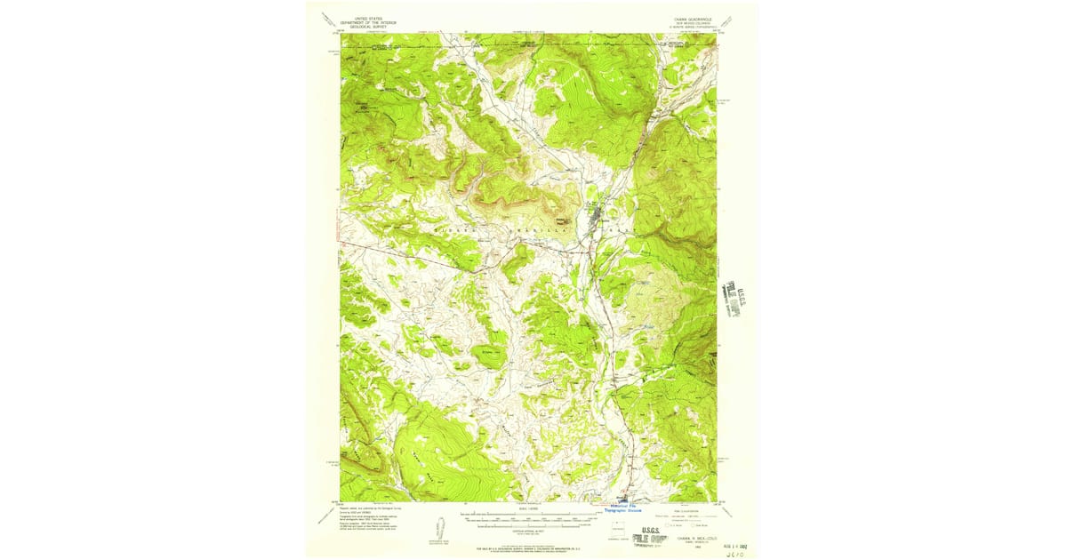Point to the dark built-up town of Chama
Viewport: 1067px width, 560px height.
click(597, 214)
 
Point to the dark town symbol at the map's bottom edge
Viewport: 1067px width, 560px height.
click(624, 497)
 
